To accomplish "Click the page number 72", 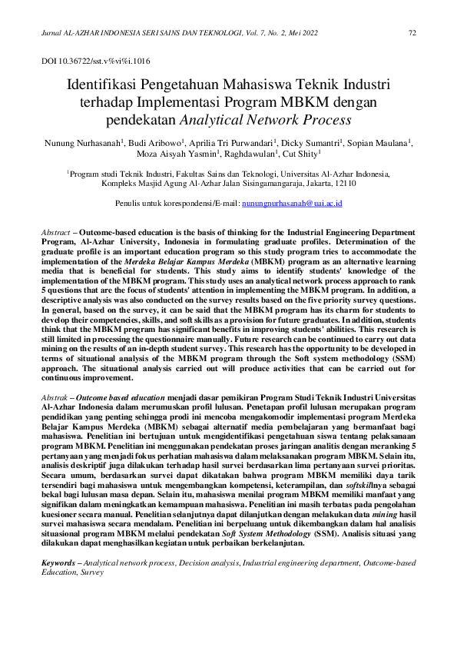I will tap(412, 32).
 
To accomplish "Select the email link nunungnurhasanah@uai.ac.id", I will tap(291, 204).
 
